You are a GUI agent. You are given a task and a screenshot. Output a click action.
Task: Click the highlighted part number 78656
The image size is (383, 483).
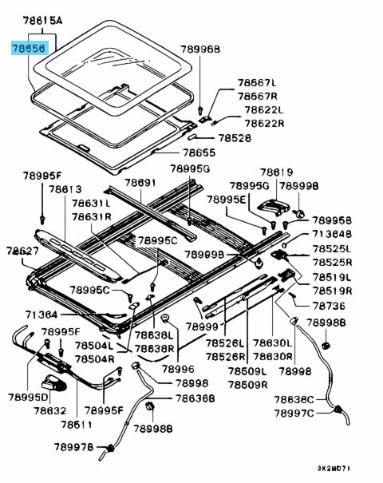30,48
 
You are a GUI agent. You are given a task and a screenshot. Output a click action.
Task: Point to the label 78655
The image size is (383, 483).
199,152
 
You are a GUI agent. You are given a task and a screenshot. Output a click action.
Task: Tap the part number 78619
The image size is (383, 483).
275,172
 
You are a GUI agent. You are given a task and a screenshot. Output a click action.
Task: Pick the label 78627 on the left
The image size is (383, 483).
23,251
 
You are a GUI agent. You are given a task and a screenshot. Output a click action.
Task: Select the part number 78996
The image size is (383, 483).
177,369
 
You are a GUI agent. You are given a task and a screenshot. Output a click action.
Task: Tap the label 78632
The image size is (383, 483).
49,410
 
